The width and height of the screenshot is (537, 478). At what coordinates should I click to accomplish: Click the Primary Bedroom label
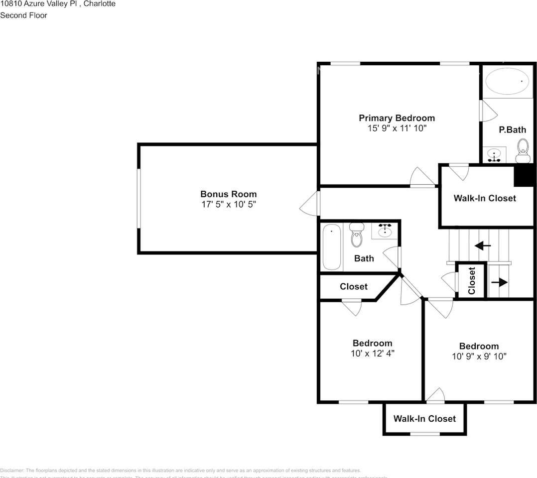tap(397, 118)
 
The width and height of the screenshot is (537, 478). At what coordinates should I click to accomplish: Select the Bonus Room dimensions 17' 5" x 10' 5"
tap(228, 204)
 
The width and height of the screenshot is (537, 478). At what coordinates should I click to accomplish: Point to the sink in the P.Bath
tap(494, 155)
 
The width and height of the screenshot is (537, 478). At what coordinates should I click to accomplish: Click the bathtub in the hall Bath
tap(331, 247)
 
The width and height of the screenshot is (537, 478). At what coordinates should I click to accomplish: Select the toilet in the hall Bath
tap(357, 236)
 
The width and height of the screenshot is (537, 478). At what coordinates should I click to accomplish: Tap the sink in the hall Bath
tap(385, 231)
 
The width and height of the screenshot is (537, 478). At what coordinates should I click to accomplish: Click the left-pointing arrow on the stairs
tap(482, 245)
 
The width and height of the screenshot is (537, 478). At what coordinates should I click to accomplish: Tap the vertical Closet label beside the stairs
tap(472, 280)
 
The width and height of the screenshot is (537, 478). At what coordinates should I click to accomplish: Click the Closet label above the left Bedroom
tap(354, 286)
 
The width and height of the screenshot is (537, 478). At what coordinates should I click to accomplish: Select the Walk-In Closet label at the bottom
tap(424, 419)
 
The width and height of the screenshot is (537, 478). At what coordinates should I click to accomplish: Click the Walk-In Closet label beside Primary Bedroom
tap(484, 198)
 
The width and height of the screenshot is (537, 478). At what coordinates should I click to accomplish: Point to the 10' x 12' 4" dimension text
tap(372, 354)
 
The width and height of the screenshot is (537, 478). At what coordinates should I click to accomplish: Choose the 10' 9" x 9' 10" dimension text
tap(478, 357)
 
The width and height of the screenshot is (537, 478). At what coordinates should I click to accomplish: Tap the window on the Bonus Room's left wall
tap(139, 199)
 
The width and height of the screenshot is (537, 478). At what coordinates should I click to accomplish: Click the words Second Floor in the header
tap(23, 15)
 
